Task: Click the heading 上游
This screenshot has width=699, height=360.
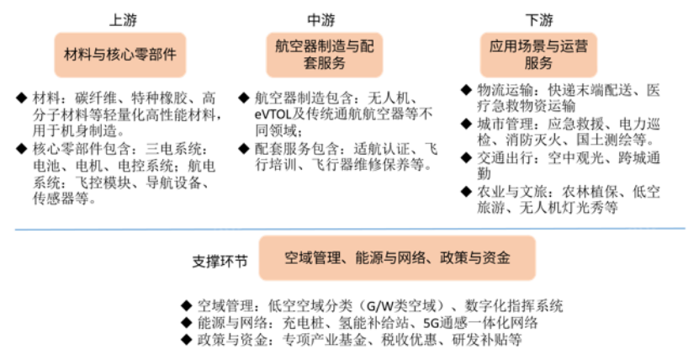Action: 124,20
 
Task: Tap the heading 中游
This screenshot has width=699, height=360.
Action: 321,20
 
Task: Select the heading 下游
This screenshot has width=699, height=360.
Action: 539,20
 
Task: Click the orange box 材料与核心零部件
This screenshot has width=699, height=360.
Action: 120,55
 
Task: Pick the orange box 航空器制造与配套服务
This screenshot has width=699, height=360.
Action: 325,55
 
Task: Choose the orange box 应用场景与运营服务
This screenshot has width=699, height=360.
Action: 538,55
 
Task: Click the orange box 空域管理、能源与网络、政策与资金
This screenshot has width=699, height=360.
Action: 397,258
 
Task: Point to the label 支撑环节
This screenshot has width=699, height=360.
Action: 220,261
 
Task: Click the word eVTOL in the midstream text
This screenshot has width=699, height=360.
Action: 273,115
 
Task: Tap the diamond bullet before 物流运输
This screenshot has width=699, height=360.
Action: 466,90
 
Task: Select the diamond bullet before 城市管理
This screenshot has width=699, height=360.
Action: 466,124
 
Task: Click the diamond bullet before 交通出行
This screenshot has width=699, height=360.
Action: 466,157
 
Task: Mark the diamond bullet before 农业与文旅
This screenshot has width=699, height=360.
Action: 466,192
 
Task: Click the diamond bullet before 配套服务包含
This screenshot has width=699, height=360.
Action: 244,148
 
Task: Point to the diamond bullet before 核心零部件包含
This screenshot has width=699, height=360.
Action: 21,148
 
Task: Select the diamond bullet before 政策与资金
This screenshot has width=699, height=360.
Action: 187,340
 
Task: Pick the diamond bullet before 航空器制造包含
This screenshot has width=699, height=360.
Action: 244,98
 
